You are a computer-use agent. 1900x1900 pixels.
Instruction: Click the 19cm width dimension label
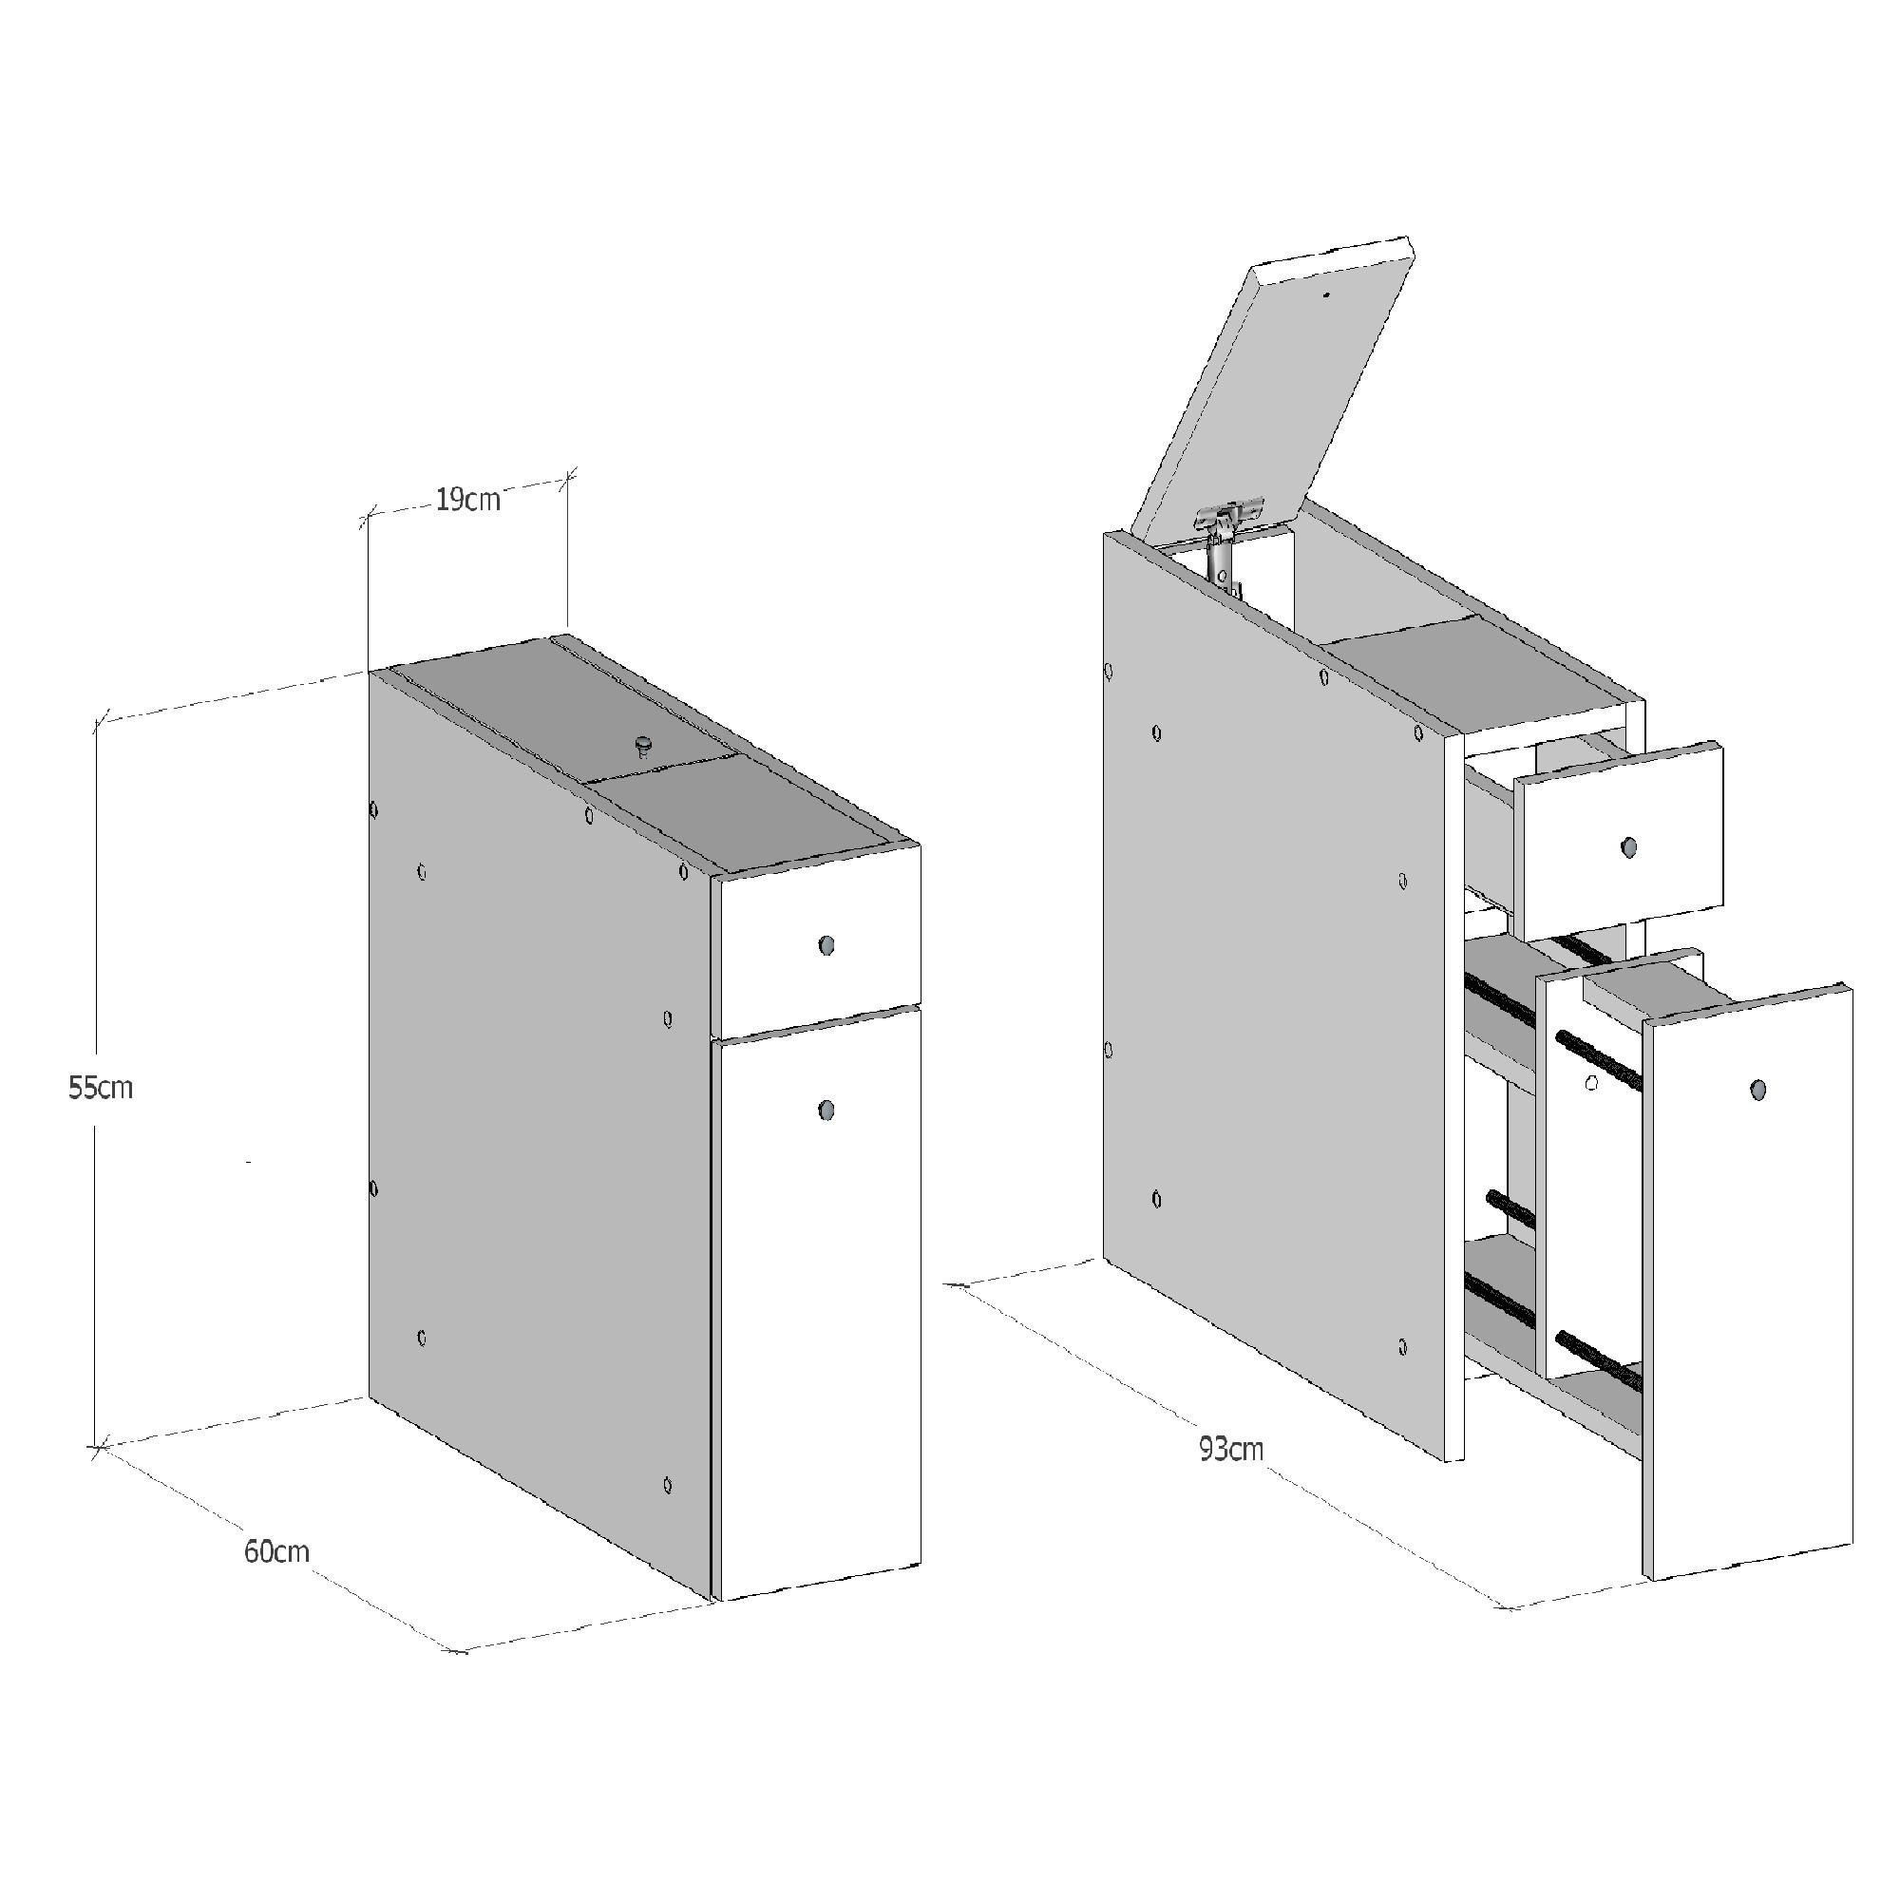[467, 501]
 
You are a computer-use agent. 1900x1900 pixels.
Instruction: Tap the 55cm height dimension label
[101, 1088]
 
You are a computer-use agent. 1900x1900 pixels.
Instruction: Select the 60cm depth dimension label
[276, 1552]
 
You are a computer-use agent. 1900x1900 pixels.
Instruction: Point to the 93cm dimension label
[1231, 1449]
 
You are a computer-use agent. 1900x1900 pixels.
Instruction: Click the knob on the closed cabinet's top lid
[644, 747]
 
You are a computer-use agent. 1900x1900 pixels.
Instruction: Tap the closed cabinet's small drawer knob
[826, 946]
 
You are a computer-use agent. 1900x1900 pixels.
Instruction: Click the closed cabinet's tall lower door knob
[826, 1111]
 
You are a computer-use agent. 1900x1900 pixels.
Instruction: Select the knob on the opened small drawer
[1628, 846]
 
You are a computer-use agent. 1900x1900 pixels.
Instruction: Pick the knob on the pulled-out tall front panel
[1758, 1090]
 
